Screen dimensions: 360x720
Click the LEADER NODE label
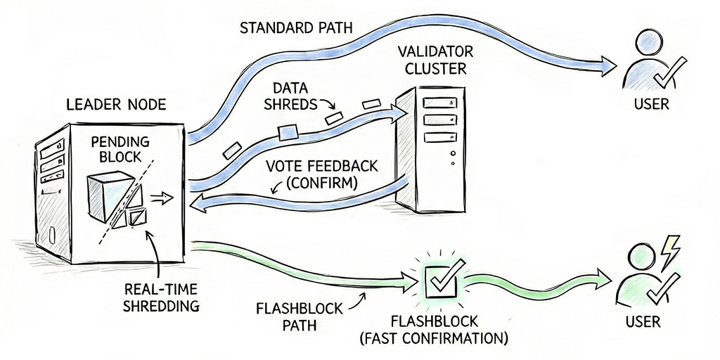coord(115,105)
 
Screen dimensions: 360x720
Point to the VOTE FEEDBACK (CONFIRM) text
coord(322,176)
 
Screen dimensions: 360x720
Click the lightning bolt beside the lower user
coord(671,247)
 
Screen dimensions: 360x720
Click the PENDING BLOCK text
coord(117,150)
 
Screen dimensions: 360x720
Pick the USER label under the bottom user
coord(645,322)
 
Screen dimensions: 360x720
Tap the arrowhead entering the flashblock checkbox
coord(414,283)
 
